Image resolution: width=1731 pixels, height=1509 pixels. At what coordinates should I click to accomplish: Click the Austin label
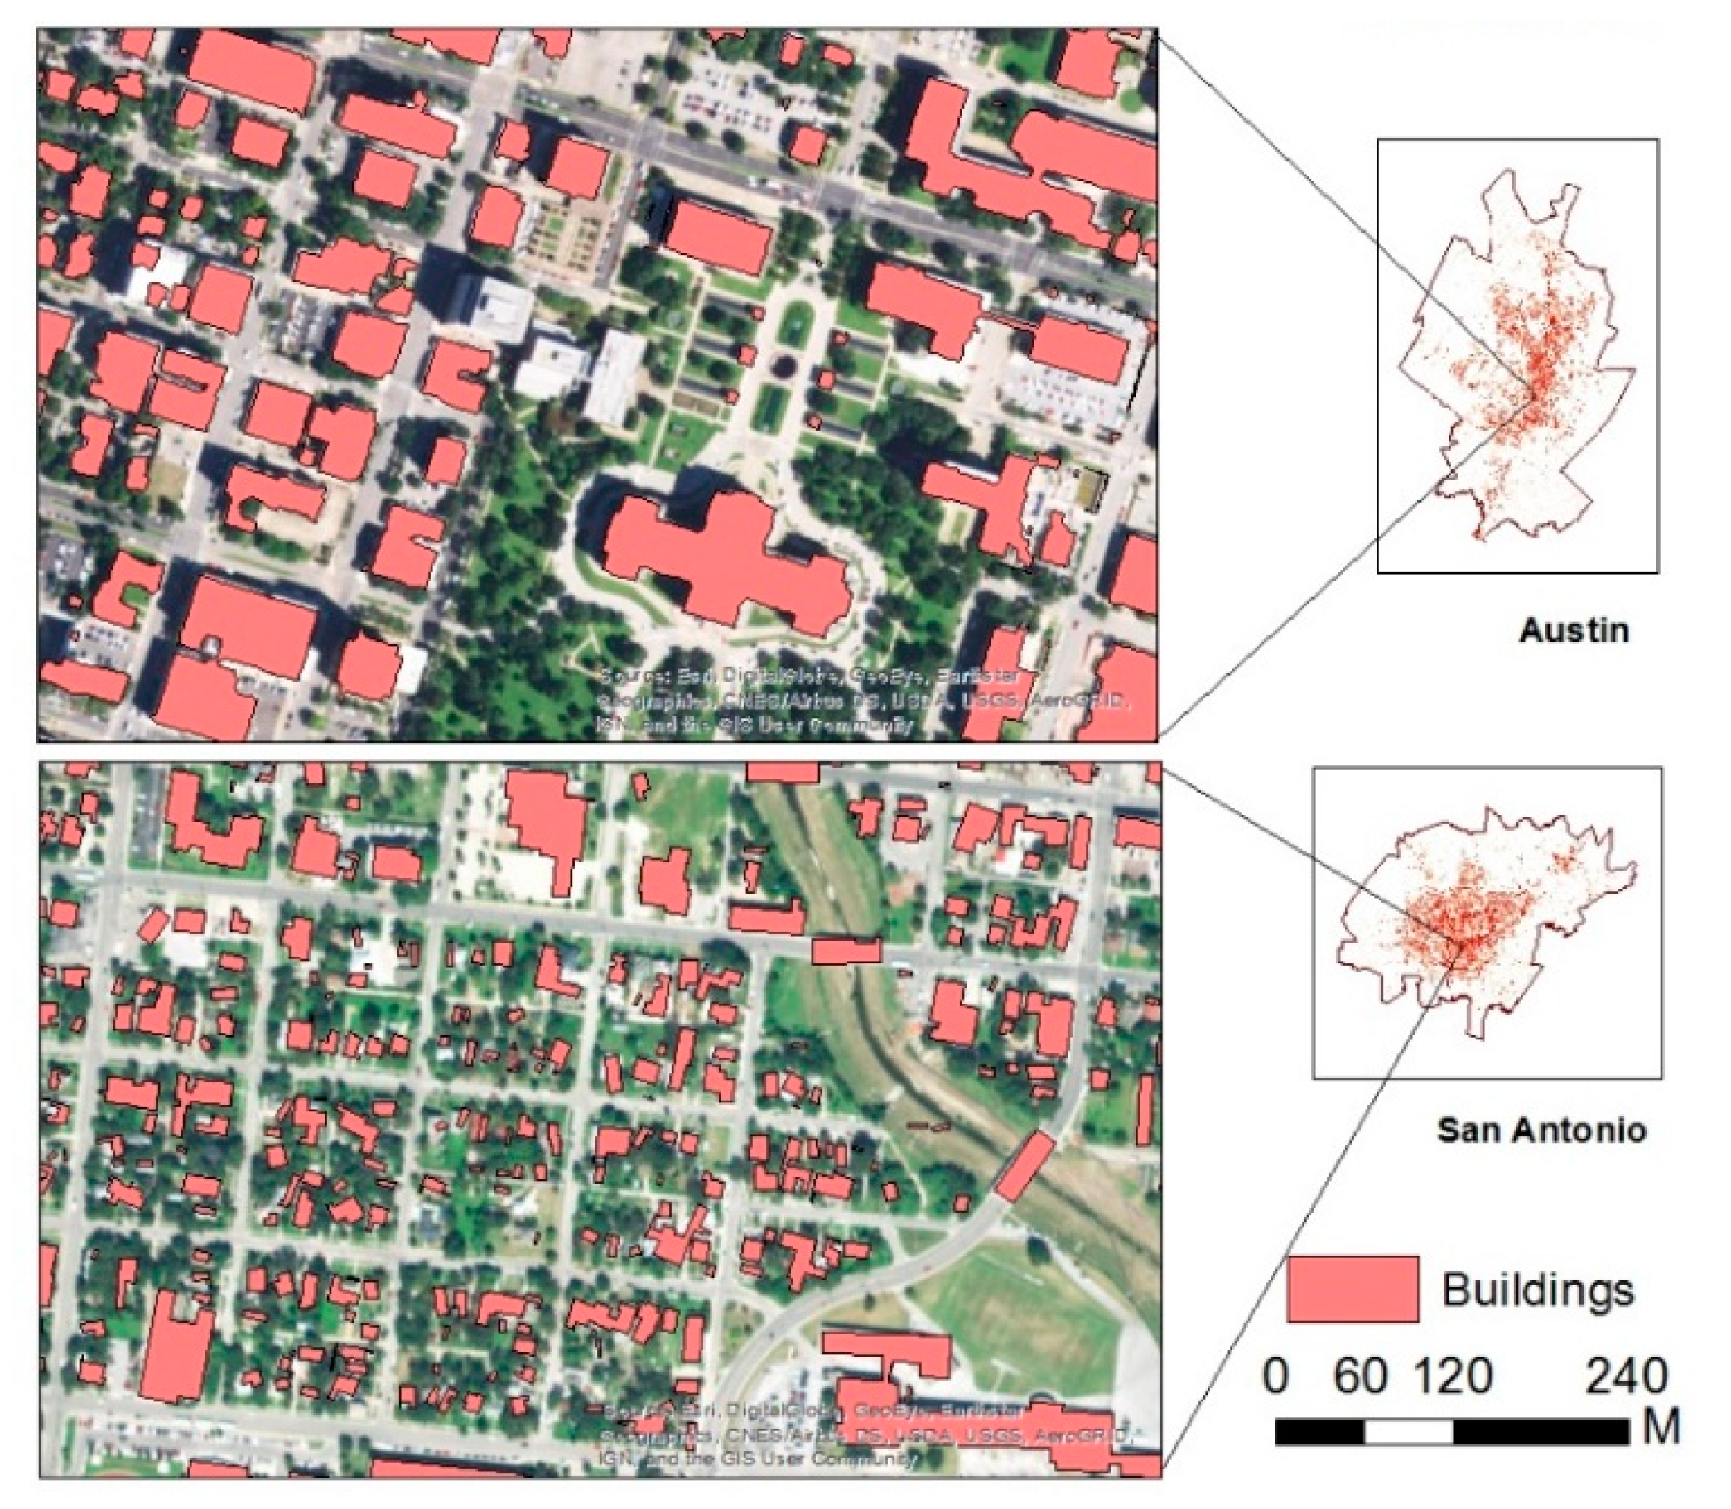point(1574,630)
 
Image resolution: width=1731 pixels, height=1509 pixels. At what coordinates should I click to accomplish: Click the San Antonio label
point(1540,1129)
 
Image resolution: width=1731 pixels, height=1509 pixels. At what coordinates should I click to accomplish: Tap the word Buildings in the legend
point(1537,1290)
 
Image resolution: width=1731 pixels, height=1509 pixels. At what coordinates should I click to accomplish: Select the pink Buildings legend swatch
point(1352,1290)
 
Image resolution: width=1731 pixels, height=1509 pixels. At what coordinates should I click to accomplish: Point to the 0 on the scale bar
point(1275,1375)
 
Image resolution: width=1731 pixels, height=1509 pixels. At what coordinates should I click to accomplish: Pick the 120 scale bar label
point(1453,1375)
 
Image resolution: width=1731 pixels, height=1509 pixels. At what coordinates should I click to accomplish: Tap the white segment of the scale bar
point(1408,1431)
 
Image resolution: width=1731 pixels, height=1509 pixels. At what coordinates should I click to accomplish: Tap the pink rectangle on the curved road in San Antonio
point(1024,1165)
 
